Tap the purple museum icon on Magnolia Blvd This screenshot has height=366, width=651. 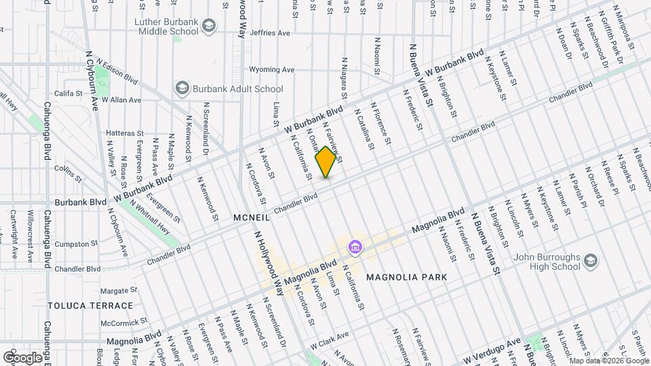tap(354, 248)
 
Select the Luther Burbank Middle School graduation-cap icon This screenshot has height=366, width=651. tap(209, 26)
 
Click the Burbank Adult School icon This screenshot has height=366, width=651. tap(181, 88)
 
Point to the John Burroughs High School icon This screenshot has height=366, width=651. tap(591, 261)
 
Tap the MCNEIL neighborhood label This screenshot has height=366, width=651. tap(252, 218)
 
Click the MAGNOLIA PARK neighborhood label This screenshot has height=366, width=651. tap(406, 277)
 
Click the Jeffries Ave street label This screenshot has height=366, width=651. tap(269, 33)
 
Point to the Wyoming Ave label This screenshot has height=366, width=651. tap(272, 69)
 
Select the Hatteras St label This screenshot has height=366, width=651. tap(125, 134)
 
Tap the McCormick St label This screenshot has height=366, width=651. tap(124, 321)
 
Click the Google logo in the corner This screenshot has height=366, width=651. tap(22, 357)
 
